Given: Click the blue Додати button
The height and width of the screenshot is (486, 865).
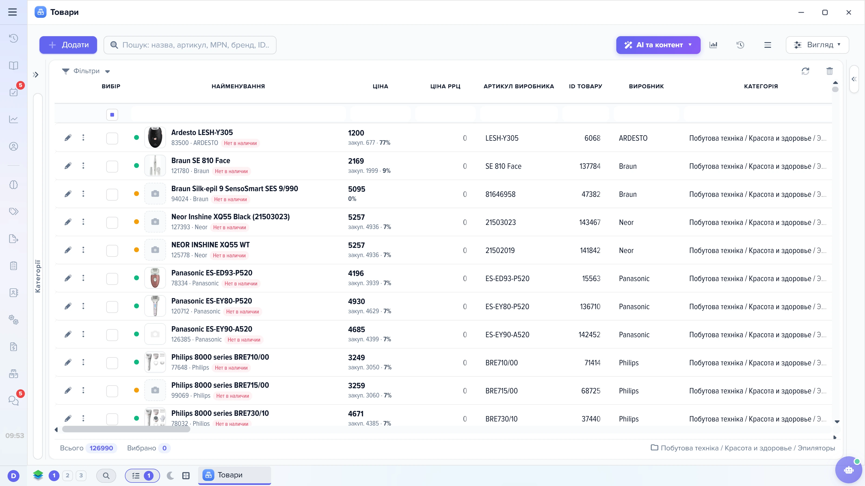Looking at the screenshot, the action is [x=68, y=45].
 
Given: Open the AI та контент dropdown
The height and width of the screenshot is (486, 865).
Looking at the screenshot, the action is [x=658, y=45].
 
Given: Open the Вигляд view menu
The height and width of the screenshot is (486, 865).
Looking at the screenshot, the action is [x=817, y=45].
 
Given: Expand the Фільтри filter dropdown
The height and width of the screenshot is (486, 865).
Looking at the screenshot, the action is [x=86, y=71].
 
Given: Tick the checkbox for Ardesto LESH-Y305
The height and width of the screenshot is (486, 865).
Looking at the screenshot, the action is [x=112, y=138].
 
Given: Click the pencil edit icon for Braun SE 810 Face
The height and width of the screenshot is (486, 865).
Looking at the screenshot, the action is [x=68, y=166].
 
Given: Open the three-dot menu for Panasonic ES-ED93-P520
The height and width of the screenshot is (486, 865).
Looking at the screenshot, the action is [x=83, y=278].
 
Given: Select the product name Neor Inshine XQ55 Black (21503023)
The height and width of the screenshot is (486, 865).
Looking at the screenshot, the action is [x=230, y=217].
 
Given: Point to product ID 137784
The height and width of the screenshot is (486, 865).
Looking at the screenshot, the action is [x=590, y=166].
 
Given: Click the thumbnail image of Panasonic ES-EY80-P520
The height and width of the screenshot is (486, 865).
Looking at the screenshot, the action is [x=155, y=306].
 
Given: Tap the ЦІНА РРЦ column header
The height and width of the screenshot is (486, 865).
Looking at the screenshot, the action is [x=445, y=86].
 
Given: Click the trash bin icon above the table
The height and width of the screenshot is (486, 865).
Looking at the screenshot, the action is [x=829, y=71].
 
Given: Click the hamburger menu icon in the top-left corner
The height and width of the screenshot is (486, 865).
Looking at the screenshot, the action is [x=12, y=12].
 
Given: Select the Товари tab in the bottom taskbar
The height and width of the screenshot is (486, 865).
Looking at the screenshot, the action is [x=234, y=475].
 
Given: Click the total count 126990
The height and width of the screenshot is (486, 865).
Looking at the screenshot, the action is [x=101, y=448].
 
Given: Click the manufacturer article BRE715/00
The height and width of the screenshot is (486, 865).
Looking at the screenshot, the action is [x=501, y=391].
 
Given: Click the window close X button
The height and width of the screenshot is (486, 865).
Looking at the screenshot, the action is [x=849, y=12].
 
